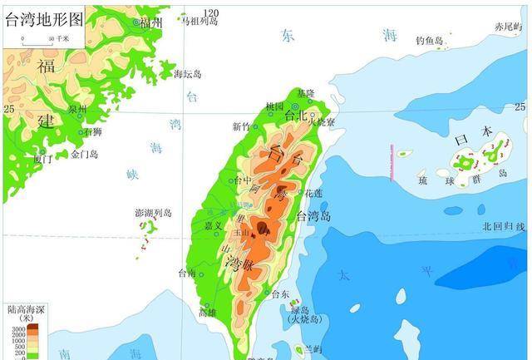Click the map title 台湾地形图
pos(45,19)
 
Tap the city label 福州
pos(151,23)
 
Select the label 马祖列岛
pos(199,21)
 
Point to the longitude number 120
pos(211,12)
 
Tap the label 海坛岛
pos(187,73)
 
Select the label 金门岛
pos(84,154)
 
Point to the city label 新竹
pos(241,126)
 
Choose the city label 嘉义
pos(213,224)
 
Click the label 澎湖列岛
pos(153,213)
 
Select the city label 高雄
pos(207,313)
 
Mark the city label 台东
pos(281,294)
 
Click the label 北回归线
pos(504,226)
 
